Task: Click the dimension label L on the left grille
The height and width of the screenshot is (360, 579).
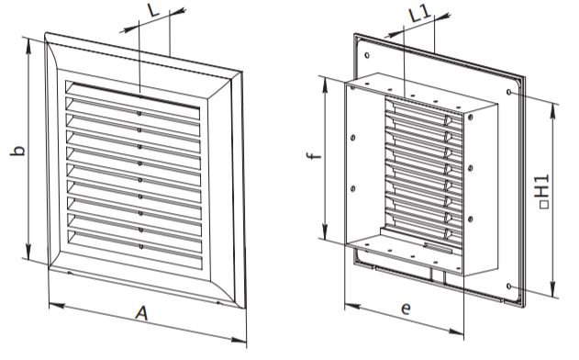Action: coord(154,10)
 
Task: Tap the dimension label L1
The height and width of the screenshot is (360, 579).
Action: coord(419,14)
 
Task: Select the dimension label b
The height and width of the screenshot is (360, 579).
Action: coord(17,151)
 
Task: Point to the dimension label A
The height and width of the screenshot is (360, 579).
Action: coord(141,314)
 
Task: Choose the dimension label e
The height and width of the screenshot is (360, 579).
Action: coord(406,308)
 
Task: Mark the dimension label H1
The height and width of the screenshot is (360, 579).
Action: coord(543,191)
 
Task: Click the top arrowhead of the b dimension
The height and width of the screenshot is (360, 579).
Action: coord(28,45)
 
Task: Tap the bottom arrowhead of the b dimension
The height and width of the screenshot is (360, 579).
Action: coord(28,251)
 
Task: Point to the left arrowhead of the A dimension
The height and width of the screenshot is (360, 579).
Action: coord(57,305)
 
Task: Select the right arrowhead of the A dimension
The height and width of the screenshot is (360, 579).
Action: coord(239,340)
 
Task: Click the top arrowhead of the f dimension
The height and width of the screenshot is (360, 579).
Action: coord(324,84)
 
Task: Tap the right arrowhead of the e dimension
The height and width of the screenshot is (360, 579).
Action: coord(456,332)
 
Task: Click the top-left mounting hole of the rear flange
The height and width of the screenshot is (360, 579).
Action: coord(367,55)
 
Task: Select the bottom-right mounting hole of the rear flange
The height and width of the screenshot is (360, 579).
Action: coord(509,287)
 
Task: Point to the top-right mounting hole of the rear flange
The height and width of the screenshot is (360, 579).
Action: coord(509,91)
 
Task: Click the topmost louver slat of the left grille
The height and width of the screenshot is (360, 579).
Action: coord(133,96)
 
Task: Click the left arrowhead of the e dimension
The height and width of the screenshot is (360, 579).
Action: coord(352,307)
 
